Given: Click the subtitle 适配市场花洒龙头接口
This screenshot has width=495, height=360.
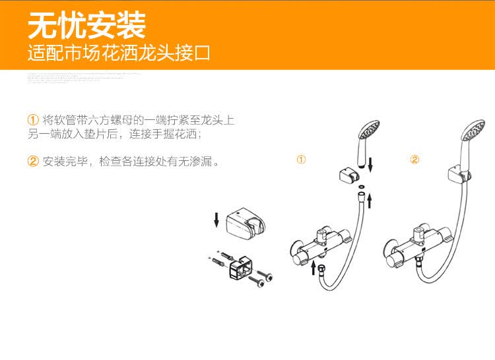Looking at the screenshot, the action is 119,52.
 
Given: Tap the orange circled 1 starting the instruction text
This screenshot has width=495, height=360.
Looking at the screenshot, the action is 33,120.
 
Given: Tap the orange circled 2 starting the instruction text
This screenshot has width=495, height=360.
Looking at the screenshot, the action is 33,162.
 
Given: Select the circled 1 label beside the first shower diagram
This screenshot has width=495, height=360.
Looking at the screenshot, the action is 301,160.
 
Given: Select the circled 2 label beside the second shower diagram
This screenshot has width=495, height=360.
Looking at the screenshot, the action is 414,160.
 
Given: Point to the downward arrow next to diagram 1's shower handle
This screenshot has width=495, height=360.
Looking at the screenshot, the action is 370,164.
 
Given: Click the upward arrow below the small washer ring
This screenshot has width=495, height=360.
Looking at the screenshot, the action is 369,200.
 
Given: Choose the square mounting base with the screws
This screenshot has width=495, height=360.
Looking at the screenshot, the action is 240,269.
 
